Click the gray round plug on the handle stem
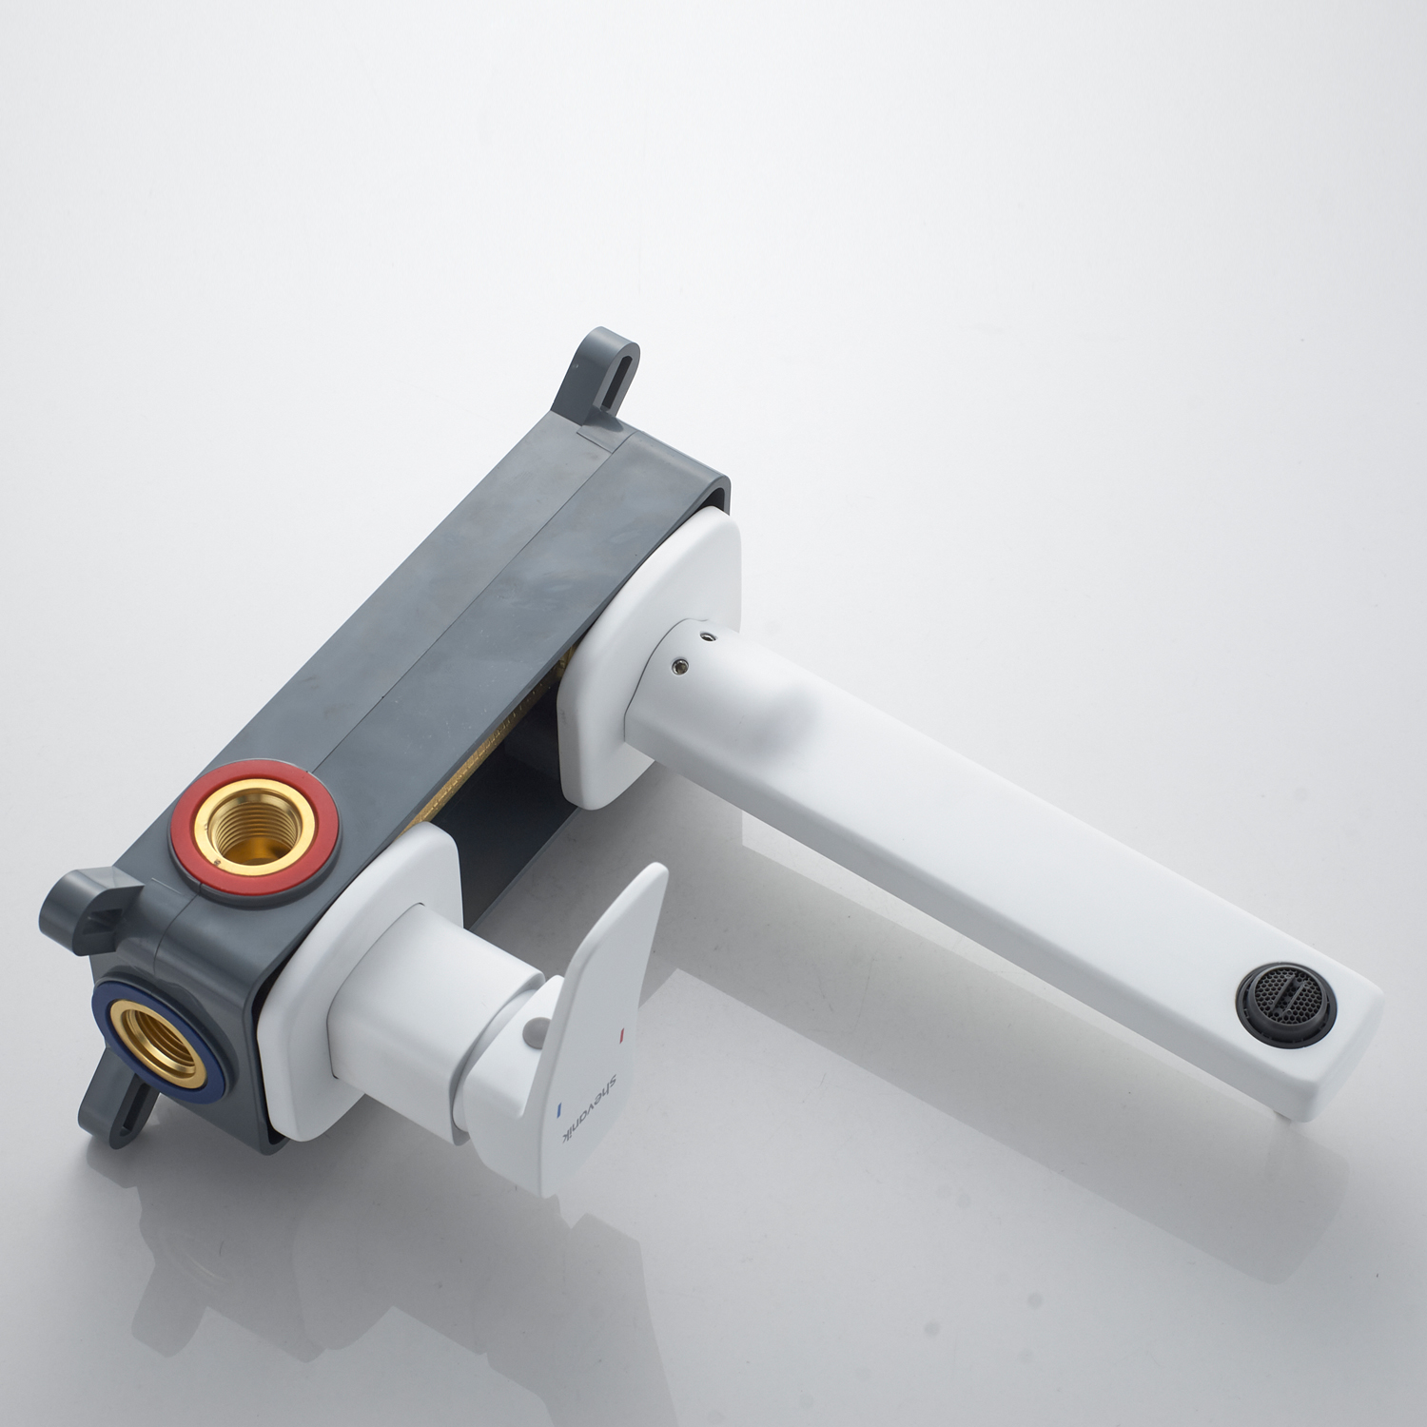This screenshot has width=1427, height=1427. point(536,1028)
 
